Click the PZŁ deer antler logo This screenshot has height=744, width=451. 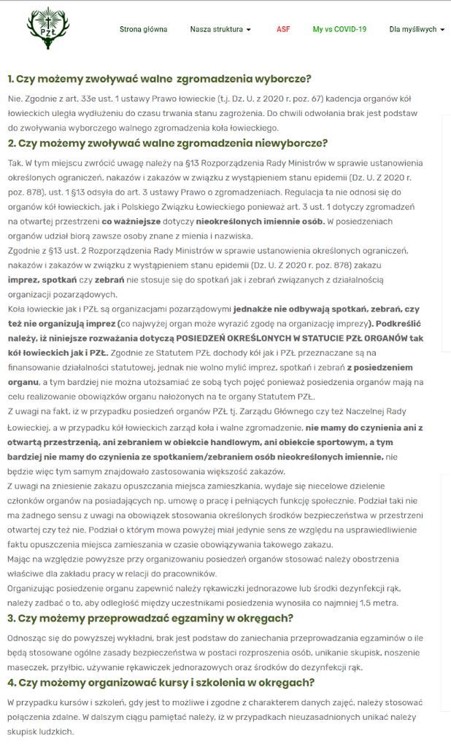coord(47,28)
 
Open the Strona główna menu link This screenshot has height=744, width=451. coord(143,30)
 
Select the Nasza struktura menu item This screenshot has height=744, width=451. coord(216,30)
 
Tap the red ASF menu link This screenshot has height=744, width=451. coord(283,30)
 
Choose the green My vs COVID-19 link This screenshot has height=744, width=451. coord(339,30)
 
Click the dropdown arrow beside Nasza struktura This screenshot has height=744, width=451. coord(249,30)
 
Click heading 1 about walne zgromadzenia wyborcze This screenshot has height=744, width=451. coord(159,79)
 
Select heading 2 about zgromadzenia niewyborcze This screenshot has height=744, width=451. coord(167,143)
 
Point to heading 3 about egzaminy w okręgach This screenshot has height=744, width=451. coord(150,619)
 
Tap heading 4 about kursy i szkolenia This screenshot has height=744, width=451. coord(161,683)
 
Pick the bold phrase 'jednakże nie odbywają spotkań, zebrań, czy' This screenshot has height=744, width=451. coord(327,309)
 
